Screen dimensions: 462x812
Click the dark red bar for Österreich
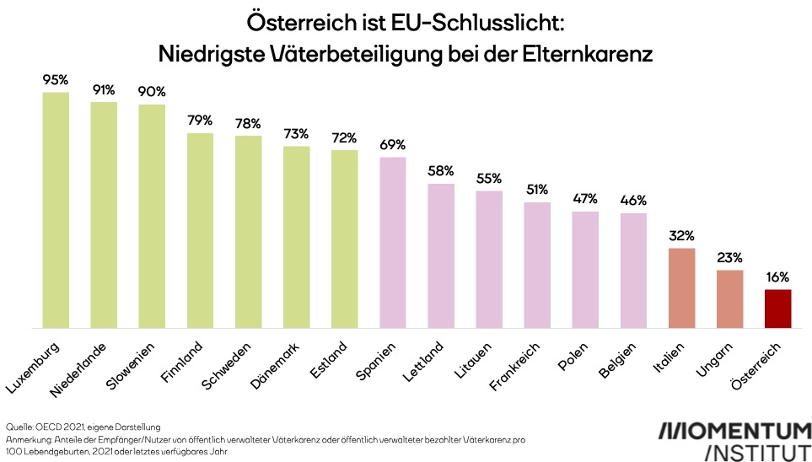(x=777, y=309)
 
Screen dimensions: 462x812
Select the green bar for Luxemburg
(x=56, y=210)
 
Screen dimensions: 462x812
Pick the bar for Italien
(x=681, y=288)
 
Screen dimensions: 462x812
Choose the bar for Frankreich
(x=537, y=265)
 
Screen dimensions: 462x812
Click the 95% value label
(x=56, y=80)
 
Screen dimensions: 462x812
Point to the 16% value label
(x=777, y=277)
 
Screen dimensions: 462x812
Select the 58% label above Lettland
(x=441, y=171)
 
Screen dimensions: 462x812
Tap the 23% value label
(x=729, y=258)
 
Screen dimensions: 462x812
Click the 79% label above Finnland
(x=200, y=121)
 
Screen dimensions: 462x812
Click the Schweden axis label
(x=227, y=365)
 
